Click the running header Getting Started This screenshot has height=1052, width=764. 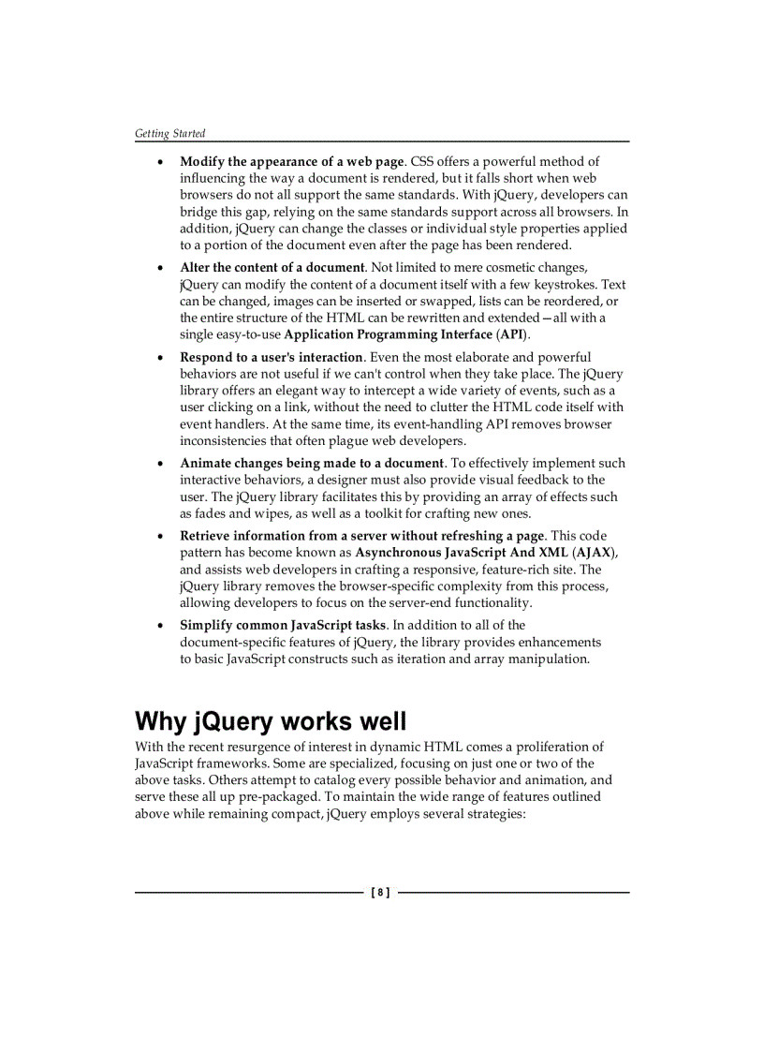click(x=169, y=133)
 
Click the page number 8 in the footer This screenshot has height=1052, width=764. click(x=381, y=893)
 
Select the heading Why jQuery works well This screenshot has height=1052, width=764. click(x=271, y=722)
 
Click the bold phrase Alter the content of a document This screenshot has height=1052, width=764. click(x=272, y=267)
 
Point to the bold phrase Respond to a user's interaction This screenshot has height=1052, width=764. click(x=272, y=357)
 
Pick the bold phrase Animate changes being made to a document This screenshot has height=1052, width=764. click(x=312, y=463)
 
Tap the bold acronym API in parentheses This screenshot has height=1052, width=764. click(x=511, y=334)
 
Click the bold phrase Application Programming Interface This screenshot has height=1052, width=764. click(x=389, y=334)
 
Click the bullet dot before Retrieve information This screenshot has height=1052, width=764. click(x=159, y=537)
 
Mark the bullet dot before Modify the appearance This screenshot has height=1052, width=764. click(x=159, y=162)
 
